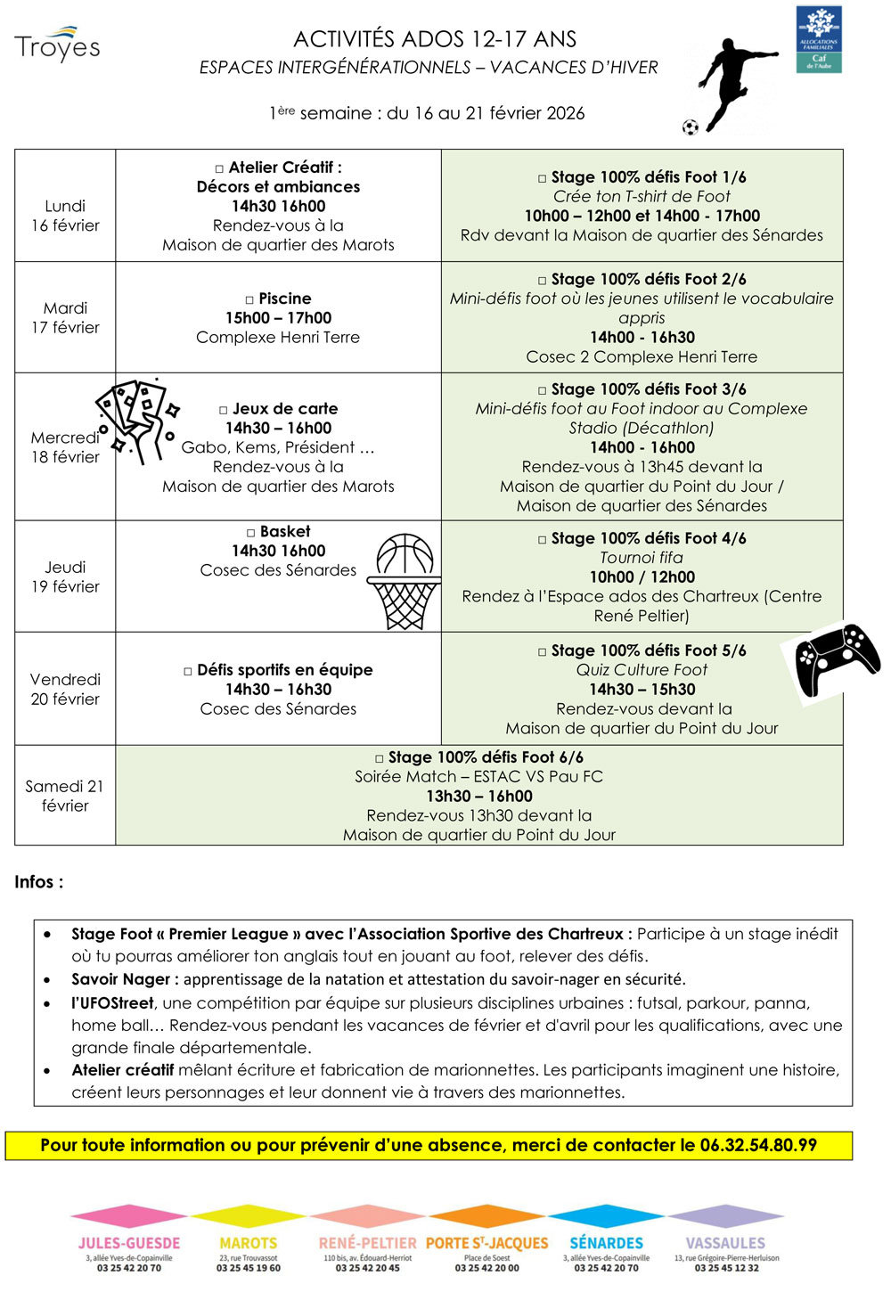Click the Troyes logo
[57, 45]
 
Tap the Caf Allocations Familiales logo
[819, 40]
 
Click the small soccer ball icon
[690, 127]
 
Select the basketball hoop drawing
[405, 581]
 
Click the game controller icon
[836, 659]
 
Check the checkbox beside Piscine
[249, 299]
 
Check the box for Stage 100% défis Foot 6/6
[380, 758]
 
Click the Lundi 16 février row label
[65, 216]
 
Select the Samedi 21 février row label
[65, 796]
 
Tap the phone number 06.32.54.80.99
[758, 1145]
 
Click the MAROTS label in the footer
[248, 1243]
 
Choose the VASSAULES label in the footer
[725, 1243]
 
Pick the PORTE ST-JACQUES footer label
[486, 1243]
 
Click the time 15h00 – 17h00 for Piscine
[278, 318]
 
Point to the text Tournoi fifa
[642, 558]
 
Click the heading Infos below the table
[38, 882]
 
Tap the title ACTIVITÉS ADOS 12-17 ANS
[435, 39]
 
